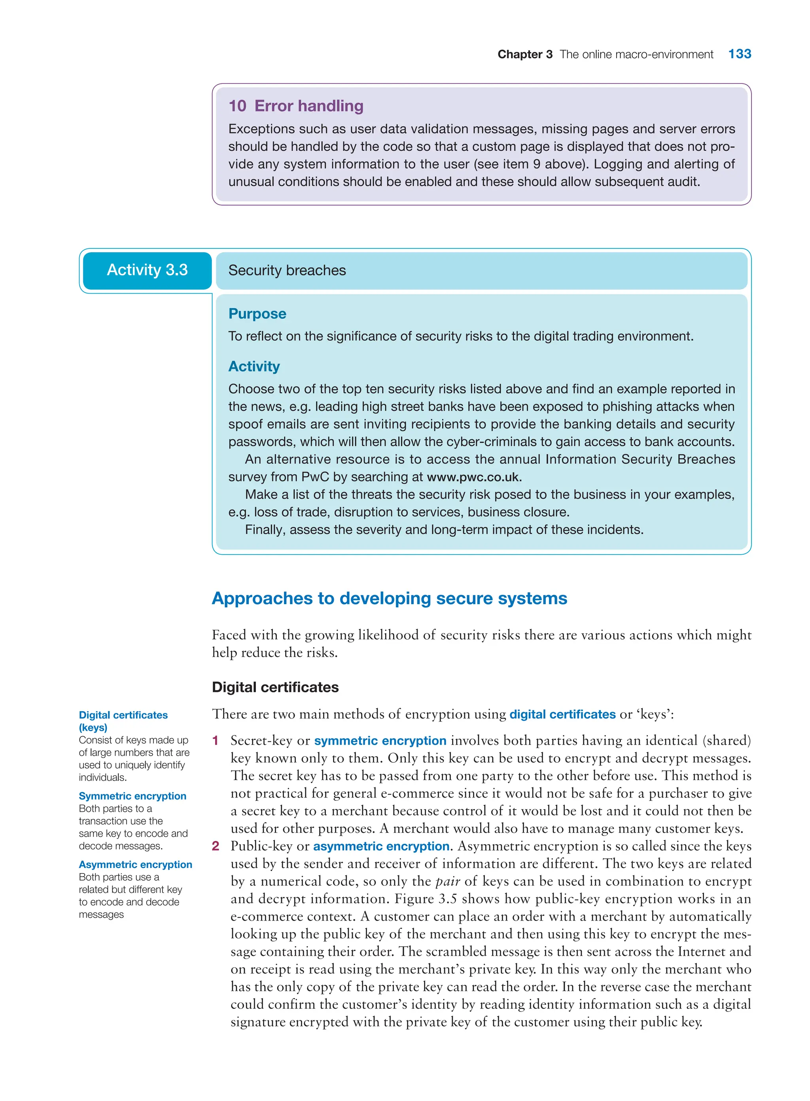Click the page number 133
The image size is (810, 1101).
tap(739, 54)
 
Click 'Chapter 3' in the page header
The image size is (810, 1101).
tap(524, 55)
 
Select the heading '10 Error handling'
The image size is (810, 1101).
tap(296, 106)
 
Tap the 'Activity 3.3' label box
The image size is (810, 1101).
tap(147, 270)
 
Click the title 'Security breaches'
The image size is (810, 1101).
tap(287, 271)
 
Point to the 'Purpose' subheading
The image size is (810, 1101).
tap(257, 314)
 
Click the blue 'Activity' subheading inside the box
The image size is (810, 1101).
tap(254, 366)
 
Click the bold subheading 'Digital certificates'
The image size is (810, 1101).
tap(275, 687)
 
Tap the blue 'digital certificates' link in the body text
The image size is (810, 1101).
tap(562, 714)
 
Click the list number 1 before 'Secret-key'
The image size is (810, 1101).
tap(215, 741)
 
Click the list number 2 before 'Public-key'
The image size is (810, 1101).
tap(215, 846)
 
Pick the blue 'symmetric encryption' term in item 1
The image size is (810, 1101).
tap(380, 741)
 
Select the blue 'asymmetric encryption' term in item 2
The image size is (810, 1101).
tap(381, 846)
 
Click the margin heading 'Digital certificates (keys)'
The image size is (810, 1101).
tap(123, 721)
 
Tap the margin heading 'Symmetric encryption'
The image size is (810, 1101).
tap(132, 796)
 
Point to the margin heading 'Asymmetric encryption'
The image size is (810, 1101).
tap(135, 864)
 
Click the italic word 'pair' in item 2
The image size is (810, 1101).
tap(447, 882)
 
